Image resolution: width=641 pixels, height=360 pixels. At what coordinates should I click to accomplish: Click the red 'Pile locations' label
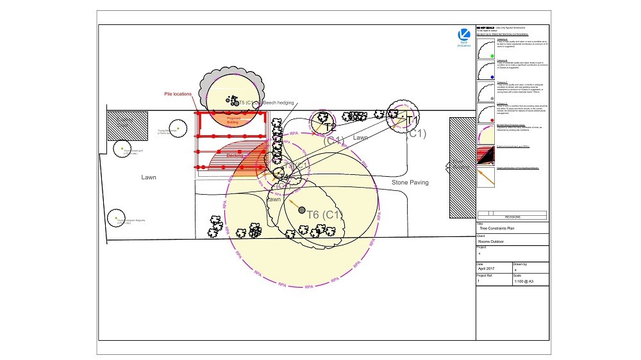pyautogui.click(x=178, y=94)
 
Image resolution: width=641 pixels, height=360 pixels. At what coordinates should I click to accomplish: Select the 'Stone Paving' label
pyautogui.click(x=410, y=183)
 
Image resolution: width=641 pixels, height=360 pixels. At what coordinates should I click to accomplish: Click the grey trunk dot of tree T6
pyautogui.click(x=301, y=209)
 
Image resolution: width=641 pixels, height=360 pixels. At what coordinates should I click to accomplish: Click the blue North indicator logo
pyautogui.click(x=464, y=35)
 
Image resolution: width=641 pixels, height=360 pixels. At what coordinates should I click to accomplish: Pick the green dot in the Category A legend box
pyautogui.click(x=491, y=56)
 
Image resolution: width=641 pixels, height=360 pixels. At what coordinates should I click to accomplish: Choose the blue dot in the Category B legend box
pyautogui.click(x=491, y=76)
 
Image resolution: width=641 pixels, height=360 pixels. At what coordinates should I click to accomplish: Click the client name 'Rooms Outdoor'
pyautogui.click(x=493, y=241)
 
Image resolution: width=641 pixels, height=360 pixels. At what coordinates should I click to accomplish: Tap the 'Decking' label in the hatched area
pyautogui.click(x=235, y=156)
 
